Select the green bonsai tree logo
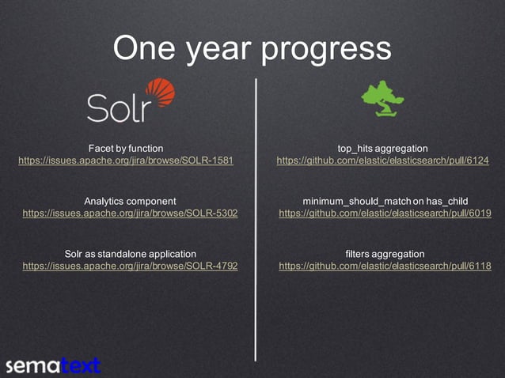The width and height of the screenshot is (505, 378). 382,99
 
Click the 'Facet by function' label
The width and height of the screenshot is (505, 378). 126,148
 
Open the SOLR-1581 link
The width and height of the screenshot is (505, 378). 126,161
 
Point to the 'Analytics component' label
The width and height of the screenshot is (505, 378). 130,201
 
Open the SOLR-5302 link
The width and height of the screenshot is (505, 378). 130,214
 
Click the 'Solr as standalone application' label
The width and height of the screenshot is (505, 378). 130,254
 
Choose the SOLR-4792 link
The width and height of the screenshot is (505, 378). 130,266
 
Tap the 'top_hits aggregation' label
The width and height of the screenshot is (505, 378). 382,148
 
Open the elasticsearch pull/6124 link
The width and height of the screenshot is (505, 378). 382,161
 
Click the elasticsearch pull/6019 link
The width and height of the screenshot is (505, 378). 385,214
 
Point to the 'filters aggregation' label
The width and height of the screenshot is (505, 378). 385,254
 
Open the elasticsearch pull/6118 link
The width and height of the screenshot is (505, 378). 385,266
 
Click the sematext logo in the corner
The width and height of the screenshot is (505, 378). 53,365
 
